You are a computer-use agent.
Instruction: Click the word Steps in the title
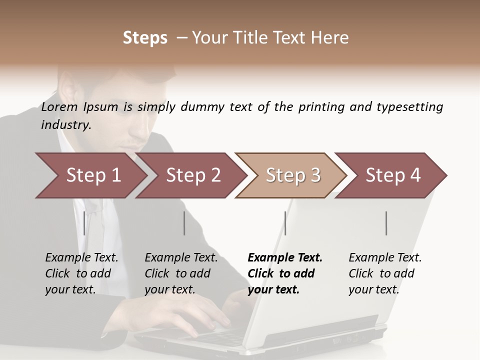(x=145, y=38)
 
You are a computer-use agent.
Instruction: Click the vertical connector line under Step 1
(x=84, y=223)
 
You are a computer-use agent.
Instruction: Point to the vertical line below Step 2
(x=184, y=223)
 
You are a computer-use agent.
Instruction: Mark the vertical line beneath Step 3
(x=285, y=223)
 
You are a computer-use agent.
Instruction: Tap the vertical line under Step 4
(x=386, y=223)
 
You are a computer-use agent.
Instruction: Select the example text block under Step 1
(x=81, y=273)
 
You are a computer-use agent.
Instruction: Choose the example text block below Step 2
(x=181, y=273)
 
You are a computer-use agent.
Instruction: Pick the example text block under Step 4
(x=385, y=273)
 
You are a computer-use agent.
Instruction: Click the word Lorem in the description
(x=59, y=106)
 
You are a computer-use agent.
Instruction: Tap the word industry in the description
(x=66, y=125)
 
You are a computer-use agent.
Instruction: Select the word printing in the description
(x=320, y=107)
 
